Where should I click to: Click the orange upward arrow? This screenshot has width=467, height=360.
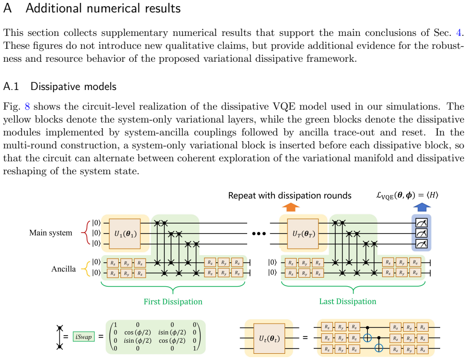(291, 207)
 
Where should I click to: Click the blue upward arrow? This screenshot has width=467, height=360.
(421, 207)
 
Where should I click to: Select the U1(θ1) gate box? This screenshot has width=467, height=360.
(125, 234)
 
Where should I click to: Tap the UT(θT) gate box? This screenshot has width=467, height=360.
(303, 234)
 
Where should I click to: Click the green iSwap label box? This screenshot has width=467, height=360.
(84, 337)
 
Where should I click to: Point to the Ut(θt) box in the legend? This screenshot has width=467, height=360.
(269, 338)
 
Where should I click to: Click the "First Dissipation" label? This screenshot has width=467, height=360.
(173, 302)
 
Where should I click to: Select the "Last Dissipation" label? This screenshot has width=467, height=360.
(348, 301)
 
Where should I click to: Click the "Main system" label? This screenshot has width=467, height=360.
(51, 233)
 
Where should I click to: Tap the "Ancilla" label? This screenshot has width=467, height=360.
(63, 269)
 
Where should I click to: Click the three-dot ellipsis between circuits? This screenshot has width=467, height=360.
(259, 234)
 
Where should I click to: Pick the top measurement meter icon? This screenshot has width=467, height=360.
(421, 223)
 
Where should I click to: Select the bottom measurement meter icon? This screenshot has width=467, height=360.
(421, 244)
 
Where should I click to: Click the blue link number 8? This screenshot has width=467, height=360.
(27, 106)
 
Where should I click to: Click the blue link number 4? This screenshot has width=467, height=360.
(459, 33)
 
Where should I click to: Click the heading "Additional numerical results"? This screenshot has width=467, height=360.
(103, 8)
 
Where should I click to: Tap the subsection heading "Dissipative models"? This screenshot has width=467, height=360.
(73, 86)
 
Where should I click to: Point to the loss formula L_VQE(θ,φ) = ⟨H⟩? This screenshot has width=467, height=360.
(407, 195)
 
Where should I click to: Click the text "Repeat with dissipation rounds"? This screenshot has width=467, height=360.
(290, 195)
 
